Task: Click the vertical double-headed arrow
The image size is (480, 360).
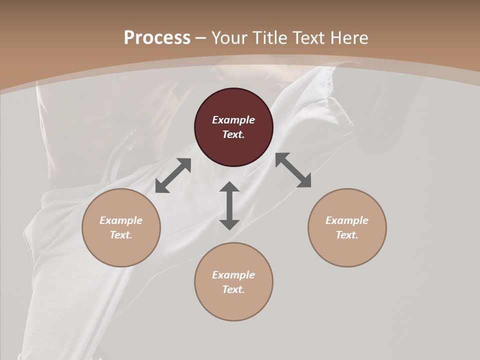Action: point(229,205)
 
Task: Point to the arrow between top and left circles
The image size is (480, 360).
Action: point(173,175)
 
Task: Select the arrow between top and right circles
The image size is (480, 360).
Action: point(293,170)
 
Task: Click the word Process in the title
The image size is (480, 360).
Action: point(157,37)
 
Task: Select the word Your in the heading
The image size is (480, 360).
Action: point(228,37)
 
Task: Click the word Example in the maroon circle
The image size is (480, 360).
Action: point(233,120)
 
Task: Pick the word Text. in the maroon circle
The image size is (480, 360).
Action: point(233,134)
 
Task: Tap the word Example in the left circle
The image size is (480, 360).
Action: point(121,220)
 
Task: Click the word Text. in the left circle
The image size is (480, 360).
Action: point(121,235)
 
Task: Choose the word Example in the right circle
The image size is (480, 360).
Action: point(347,220)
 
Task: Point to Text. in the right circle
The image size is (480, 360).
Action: point(347,235)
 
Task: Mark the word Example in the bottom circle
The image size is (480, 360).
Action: point(233,275)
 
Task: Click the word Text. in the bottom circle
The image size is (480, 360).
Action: point(233,289)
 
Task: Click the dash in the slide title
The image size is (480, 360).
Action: point(200,38)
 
